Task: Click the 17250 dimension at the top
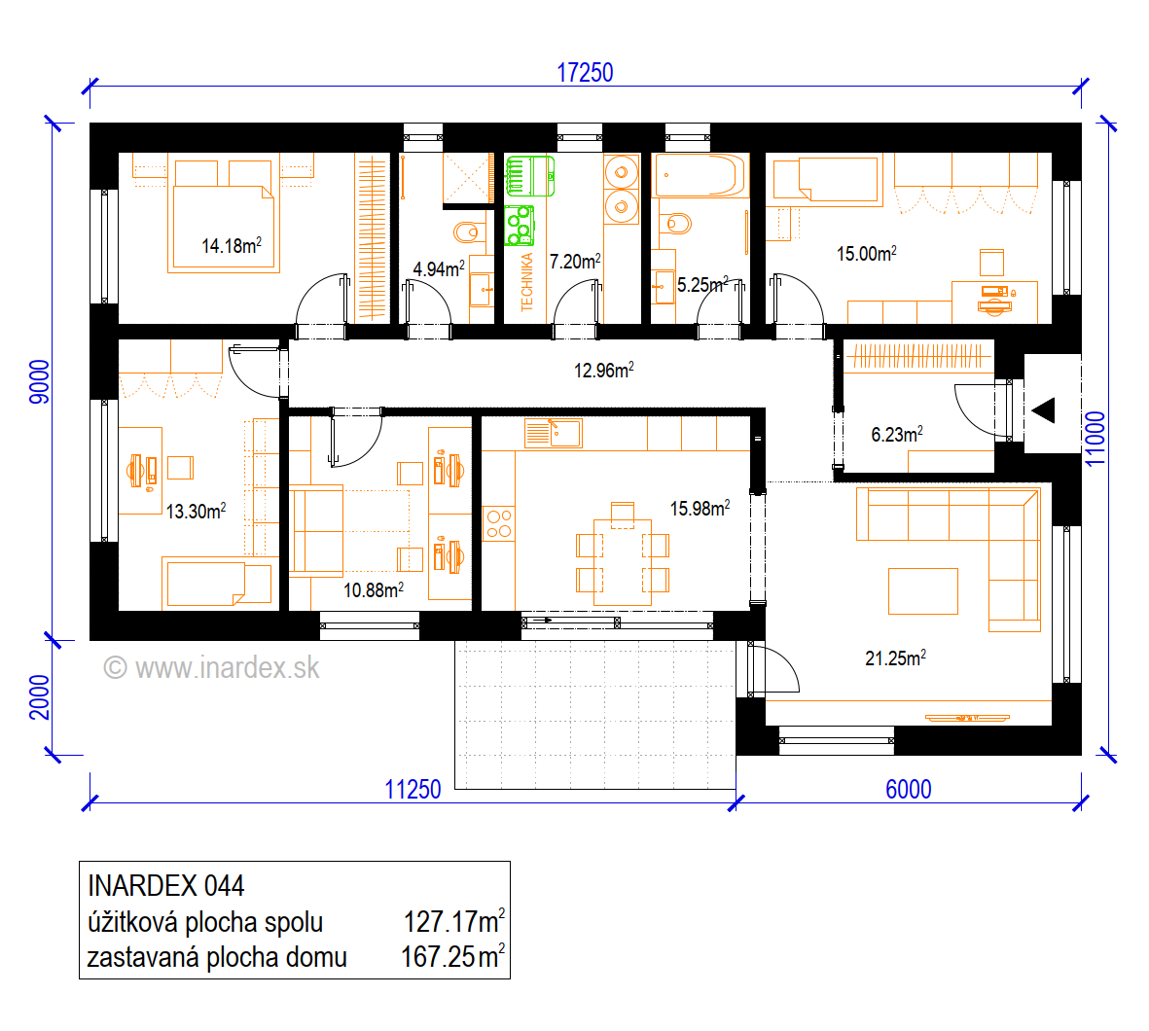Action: (585, 73)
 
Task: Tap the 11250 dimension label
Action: (413, 789)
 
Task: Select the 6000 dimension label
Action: (908, 789)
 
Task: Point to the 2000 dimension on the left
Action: (40, 696)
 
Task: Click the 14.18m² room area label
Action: (232, 245)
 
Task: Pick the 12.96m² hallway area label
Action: (604, 370)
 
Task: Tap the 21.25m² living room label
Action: (895, 658)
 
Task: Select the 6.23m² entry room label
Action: (897, 435)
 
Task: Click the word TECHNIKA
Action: (527, 282)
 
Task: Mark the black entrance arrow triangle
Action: (1044, 410)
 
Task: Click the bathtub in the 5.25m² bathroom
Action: (700, 175)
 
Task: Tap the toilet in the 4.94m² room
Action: (468, 232)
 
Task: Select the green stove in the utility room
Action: (520, 227)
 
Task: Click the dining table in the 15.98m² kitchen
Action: (622, 562)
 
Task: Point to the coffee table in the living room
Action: (922, 590)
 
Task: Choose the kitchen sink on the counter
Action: (554, 433)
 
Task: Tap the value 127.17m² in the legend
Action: (454, 922)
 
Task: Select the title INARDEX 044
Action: (165, 886)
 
